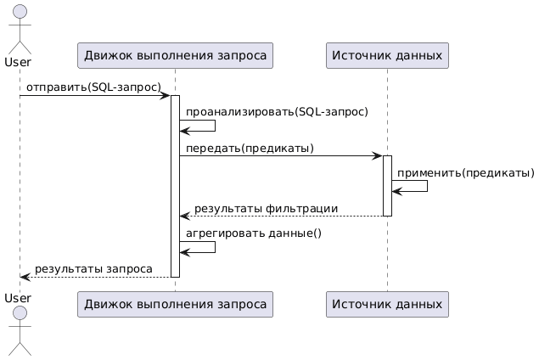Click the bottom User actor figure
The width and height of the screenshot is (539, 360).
click(19, 327)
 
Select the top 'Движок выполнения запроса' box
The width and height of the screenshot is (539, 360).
click(174, 56)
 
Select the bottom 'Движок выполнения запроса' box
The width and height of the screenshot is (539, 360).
click(174, 303)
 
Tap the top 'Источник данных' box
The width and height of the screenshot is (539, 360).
click(386, 56)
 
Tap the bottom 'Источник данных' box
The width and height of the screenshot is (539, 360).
click(386, 303)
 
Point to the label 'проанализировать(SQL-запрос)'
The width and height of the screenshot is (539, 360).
click(277, 112)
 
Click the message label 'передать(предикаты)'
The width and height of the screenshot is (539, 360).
click(250, 149)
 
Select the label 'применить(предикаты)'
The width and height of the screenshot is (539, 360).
click(465, 173)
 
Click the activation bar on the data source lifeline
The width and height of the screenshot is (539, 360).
click(387, 185)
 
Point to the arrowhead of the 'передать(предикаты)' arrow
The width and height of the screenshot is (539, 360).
click(378, 156)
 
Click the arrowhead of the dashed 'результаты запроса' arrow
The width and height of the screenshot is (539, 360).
click(25, 277)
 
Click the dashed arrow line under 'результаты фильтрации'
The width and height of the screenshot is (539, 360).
click(280, 217)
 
